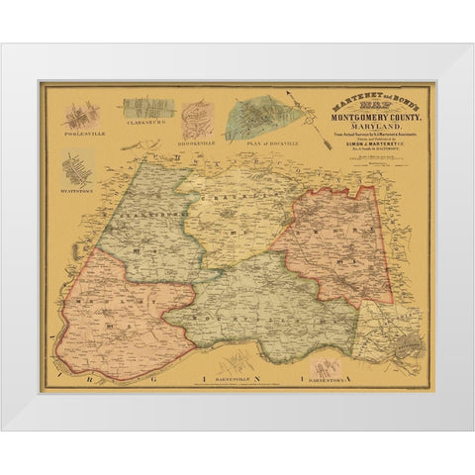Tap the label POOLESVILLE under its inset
[76, 130]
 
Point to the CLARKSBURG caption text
[144, 127]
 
